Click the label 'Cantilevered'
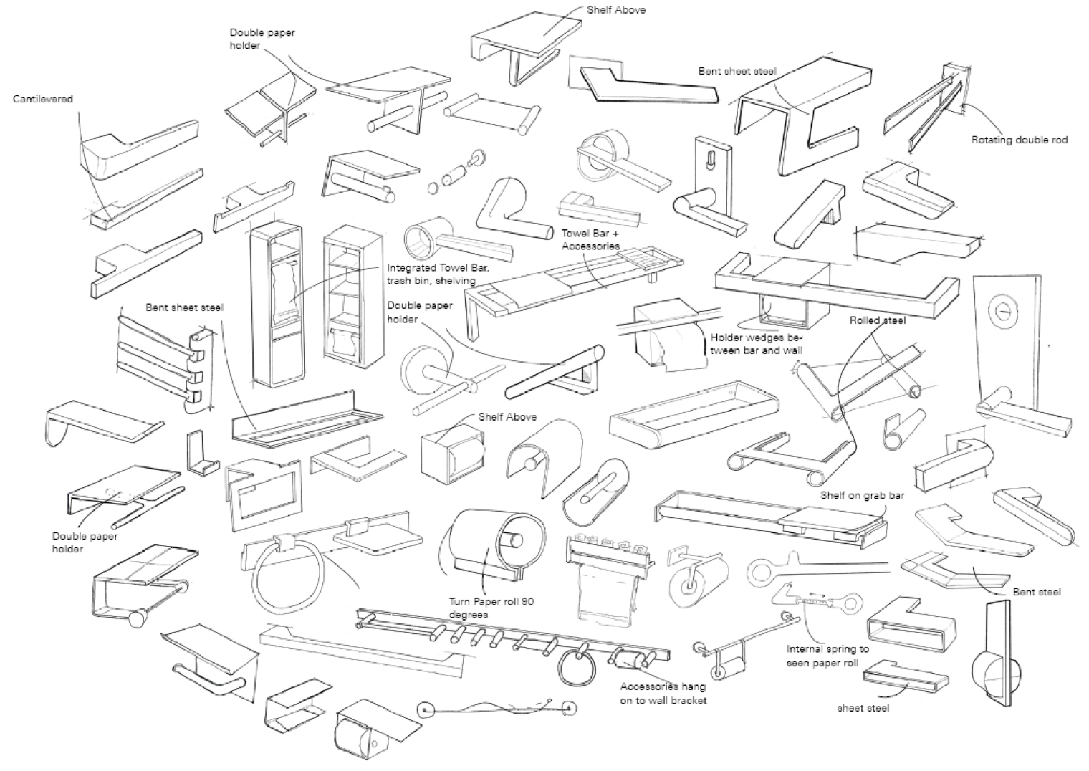pos(43,99)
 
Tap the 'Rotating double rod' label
pos(1019,140)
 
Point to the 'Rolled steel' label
pos(877,320)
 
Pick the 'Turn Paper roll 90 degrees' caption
pos(491,608)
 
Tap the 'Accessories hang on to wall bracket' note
pos(663,693)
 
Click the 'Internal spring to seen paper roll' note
pos(827,656)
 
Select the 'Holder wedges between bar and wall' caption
pos(757,344)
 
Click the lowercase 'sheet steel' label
pos(863,708)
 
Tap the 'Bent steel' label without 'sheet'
pos(1037,592)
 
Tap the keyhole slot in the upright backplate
pos(711,158)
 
